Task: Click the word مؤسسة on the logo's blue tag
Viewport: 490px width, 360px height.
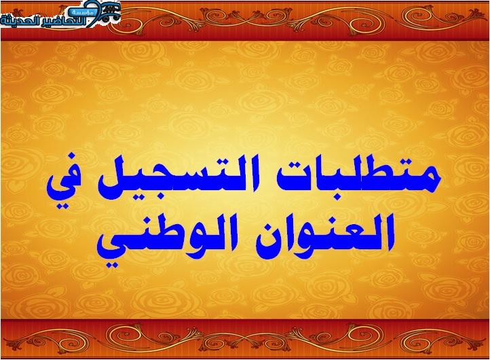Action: (82, 12)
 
